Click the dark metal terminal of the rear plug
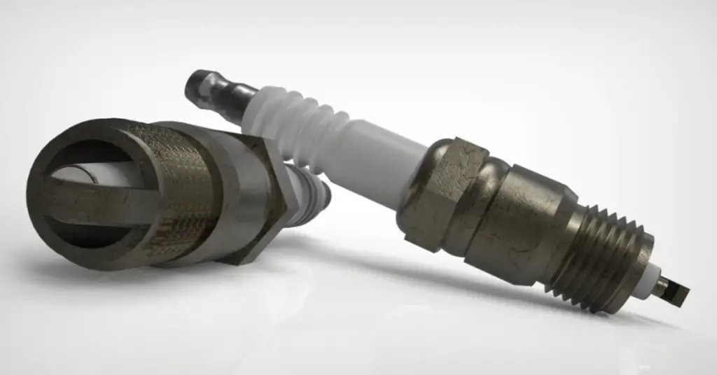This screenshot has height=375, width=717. pyautogui.click(x=210, y=89)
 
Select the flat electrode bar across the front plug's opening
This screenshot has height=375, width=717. pyautogui.click(x=98, y=199)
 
